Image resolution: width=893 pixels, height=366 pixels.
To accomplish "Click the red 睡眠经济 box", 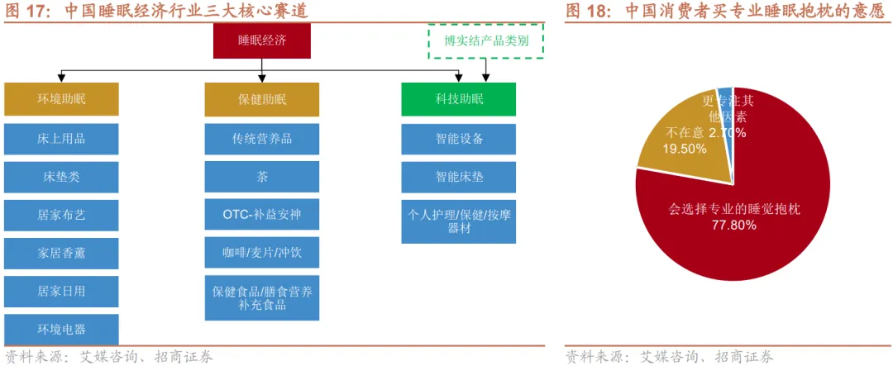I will tap(261, 40).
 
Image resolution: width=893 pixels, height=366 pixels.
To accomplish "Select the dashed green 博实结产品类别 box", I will tap(486, 40).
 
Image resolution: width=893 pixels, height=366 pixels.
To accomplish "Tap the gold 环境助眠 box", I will tap(61, 99).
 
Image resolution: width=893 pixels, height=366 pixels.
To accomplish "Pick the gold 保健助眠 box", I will tap(261, 99).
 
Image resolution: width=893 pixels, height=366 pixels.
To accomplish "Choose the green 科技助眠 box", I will tap(458, 99).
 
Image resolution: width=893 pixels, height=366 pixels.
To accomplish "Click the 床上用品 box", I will tap(61, 138).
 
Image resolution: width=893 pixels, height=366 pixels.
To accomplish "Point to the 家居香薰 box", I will tap(61, 253).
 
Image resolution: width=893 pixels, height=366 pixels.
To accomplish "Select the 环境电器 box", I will tap(61, 329).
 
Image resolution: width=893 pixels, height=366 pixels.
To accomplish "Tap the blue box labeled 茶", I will tap(261, 177).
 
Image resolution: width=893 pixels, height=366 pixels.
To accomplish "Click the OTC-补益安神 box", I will tap(261, 215).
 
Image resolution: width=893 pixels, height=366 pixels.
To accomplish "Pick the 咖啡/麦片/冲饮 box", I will tap(261, 253).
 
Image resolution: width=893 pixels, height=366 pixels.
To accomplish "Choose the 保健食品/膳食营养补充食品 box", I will tap(261, 298).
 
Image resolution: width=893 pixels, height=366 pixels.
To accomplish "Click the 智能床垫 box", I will tap(458, 177).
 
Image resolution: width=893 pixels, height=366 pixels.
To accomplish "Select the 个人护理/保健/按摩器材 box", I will tap(458, 221).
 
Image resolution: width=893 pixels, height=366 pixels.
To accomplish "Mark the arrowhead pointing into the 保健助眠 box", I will tap(261, 80).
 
